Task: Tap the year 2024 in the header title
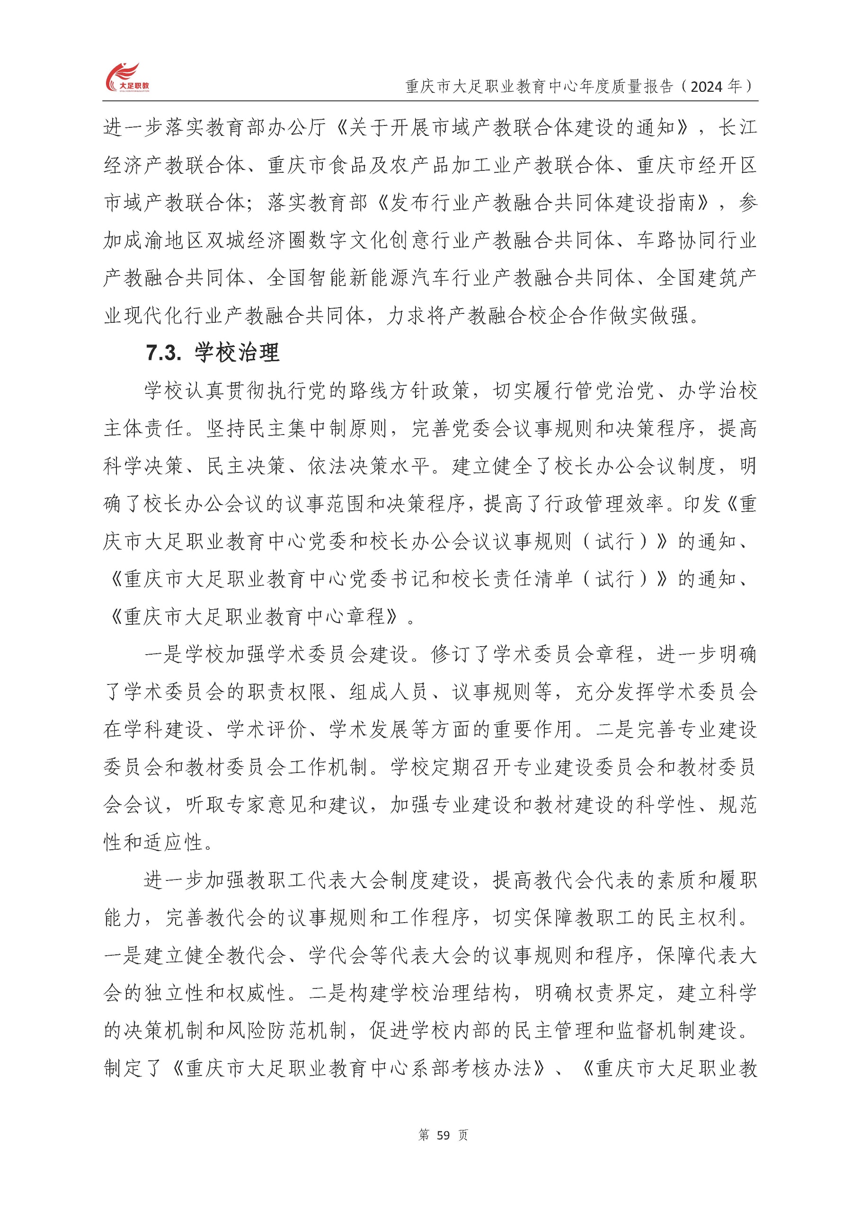[x=707, y=87]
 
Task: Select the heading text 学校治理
[x=237, y=353]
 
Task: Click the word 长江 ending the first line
[x=737, y=128]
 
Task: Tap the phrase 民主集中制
[x=287, y=428]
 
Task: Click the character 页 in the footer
[x=463, y=1135]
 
